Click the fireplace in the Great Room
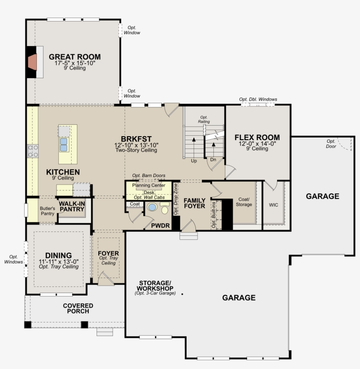(32, 62)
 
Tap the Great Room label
(75, 57)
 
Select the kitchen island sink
(64, 145)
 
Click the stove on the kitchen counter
(33, 151)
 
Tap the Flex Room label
(257, 137)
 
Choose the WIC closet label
(274, 205)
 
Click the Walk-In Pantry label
(72, 206)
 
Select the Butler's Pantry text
(47, 211)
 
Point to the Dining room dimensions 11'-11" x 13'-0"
(58, 262)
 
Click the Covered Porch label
(78, 308)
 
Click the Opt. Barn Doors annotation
(149, 176)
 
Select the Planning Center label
(148, 185)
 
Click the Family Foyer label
(194, 203)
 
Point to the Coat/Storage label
(244, 202)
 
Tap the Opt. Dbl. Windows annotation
(258, 99)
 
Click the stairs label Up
(194, 161)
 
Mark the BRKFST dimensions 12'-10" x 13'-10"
(136, 145)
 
